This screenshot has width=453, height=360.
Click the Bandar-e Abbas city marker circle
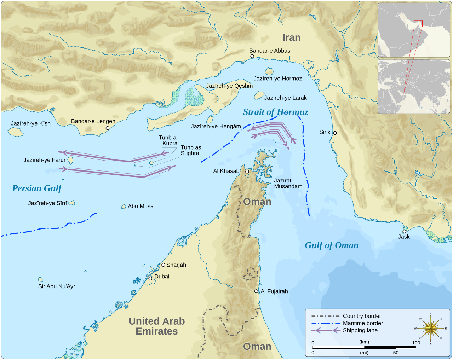tap(252, 56)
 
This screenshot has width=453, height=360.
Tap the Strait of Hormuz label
tap(275, 112)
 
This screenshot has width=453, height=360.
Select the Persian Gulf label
tap(37, 188)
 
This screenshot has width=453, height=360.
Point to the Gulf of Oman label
tap(332, 245)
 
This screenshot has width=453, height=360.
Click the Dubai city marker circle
tap(150, 279)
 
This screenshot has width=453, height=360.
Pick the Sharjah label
tap(176, 265)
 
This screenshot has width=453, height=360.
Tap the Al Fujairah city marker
tap(256, 291)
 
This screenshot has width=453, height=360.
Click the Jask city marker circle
tap(404, 231)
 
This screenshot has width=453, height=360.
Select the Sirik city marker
tap(335, 133)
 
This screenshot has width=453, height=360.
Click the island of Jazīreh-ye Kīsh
tap(16, 132)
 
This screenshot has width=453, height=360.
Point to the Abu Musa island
tap(124, 207)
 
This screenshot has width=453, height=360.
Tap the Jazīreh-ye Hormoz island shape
tap(269, 71)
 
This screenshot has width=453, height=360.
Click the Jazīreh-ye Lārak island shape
tap(259, 95)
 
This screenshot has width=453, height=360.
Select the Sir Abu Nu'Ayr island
tap(40, 280)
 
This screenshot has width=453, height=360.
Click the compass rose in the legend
tap(430, 328)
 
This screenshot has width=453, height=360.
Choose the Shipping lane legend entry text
tap(360, 330)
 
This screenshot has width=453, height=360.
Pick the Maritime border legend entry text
tap(363, 323)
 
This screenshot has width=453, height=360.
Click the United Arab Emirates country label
tap(157, 326)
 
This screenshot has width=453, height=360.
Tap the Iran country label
tap(291, 37)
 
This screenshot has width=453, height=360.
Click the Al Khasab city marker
tap(247, 172)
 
